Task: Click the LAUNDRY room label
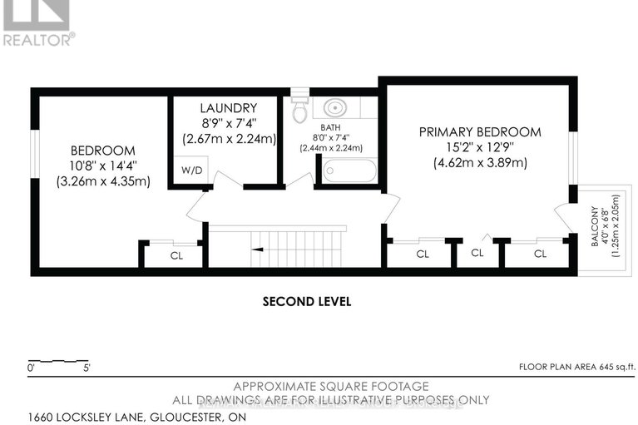click(x=228, y=108)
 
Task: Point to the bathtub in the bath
click(x=349, y=171)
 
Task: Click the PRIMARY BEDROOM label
click(x=479, y=131)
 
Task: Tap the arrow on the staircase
click(x=261, y=247)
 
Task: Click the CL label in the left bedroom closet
click(x=176, y=256)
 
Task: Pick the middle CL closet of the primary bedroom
click(x=477, y=253)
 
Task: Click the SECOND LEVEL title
click(x=306, y=301)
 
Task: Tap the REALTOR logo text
click(x=38, y=37)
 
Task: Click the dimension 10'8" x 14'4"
click(x=102, y=166)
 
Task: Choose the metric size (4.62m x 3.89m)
click(x=479, y=163)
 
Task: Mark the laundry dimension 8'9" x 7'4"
click(x=228, y=124)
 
